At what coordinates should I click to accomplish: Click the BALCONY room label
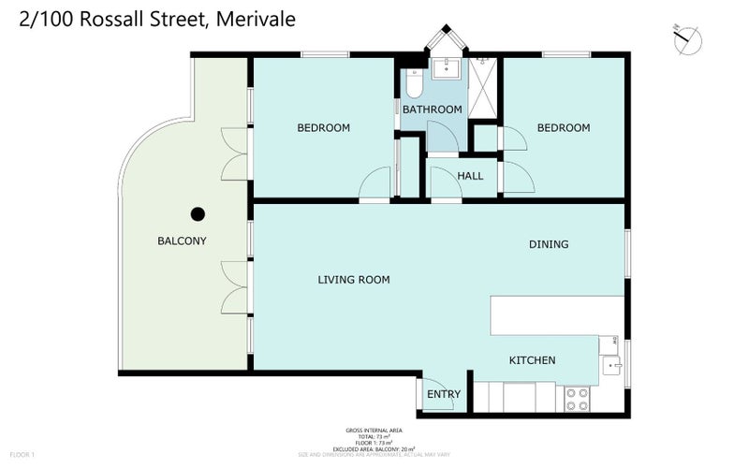182,241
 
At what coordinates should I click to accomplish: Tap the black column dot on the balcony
198,213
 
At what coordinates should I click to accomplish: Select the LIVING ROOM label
353,279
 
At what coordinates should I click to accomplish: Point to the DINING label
549,244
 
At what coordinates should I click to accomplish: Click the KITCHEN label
532,360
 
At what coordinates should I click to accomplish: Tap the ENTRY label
443,394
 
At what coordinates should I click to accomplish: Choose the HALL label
470,175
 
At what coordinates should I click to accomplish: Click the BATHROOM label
432,109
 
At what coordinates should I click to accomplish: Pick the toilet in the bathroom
413,86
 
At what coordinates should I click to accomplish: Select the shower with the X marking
484,90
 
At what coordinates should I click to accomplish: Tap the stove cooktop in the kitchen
578,399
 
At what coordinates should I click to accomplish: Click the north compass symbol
688,38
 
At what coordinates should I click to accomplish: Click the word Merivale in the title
256,19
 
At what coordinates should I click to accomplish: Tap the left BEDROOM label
323,128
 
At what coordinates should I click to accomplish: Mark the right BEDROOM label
564,128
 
